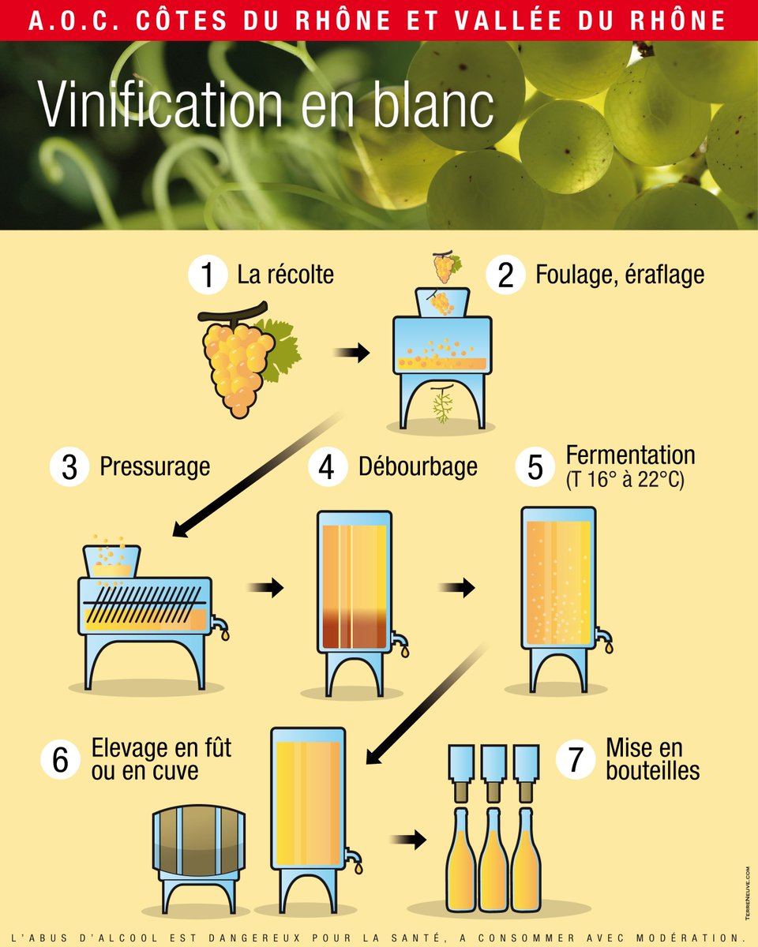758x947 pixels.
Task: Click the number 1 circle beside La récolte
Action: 207,275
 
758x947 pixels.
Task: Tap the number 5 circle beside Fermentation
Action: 535,466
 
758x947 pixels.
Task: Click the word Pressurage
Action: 155,466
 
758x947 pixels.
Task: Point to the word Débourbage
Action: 418,466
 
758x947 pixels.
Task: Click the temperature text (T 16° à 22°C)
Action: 625,479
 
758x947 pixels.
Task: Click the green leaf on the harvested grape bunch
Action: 280,347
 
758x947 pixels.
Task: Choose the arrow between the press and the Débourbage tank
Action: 265,587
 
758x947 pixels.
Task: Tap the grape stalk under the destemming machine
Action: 442,404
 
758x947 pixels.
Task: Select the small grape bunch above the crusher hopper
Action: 445,268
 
